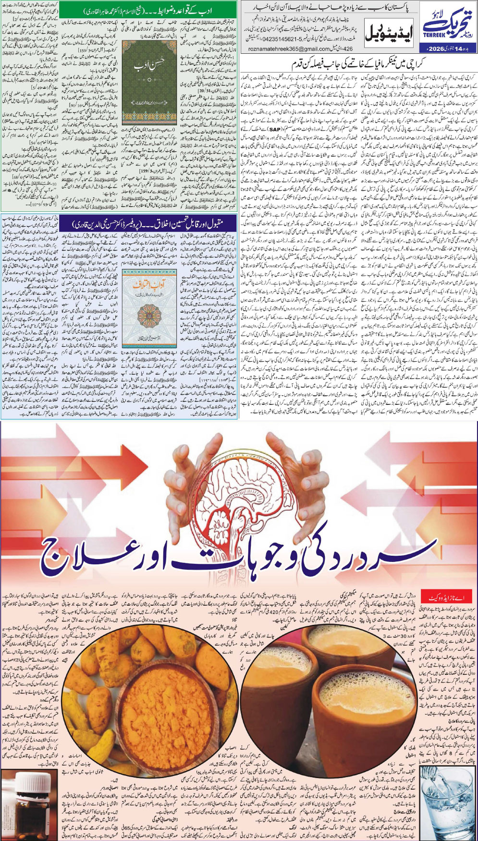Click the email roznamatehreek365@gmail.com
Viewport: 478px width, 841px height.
(291, 49)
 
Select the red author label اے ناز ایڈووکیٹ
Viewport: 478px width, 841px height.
(444, 597)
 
